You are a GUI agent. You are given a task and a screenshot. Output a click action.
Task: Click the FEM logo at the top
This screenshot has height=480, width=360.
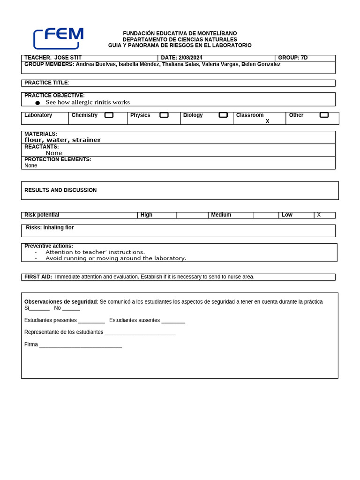58,38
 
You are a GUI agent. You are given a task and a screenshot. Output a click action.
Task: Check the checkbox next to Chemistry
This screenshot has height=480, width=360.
109,115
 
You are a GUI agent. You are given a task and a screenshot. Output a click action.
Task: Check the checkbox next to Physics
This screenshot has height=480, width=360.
164,115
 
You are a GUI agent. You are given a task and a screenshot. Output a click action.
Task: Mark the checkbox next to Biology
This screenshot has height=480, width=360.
223,115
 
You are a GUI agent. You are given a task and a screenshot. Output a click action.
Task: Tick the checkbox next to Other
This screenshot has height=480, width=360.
324,115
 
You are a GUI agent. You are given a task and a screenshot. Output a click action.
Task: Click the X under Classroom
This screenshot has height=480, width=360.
268,121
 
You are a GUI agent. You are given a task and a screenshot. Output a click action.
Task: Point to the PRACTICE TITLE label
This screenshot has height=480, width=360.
46,83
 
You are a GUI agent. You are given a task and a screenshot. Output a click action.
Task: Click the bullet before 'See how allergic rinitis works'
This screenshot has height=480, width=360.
37,103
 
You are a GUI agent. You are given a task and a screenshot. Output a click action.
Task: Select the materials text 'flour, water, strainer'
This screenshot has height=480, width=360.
63,140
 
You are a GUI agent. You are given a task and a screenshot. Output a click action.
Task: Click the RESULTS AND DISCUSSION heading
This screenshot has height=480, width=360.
60,190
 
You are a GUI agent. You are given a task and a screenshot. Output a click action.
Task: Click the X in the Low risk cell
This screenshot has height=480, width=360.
319,215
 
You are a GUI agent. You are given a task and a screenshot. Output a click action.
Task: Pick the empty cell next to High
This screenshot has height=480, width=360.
192,215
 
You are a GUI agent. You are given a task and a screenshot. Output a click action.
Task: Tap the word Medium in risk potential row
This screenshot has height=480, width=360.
221,215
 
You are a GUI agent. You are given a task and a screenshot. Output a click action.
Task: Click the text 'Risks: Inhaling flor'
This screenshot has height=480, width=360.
50,228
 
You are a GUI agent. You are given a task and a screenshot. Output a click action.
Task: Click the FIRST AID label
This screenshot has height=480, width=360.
38,277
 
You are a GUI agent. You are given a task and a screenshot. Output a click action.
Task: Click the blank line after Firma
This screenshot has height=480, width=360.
81,345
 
